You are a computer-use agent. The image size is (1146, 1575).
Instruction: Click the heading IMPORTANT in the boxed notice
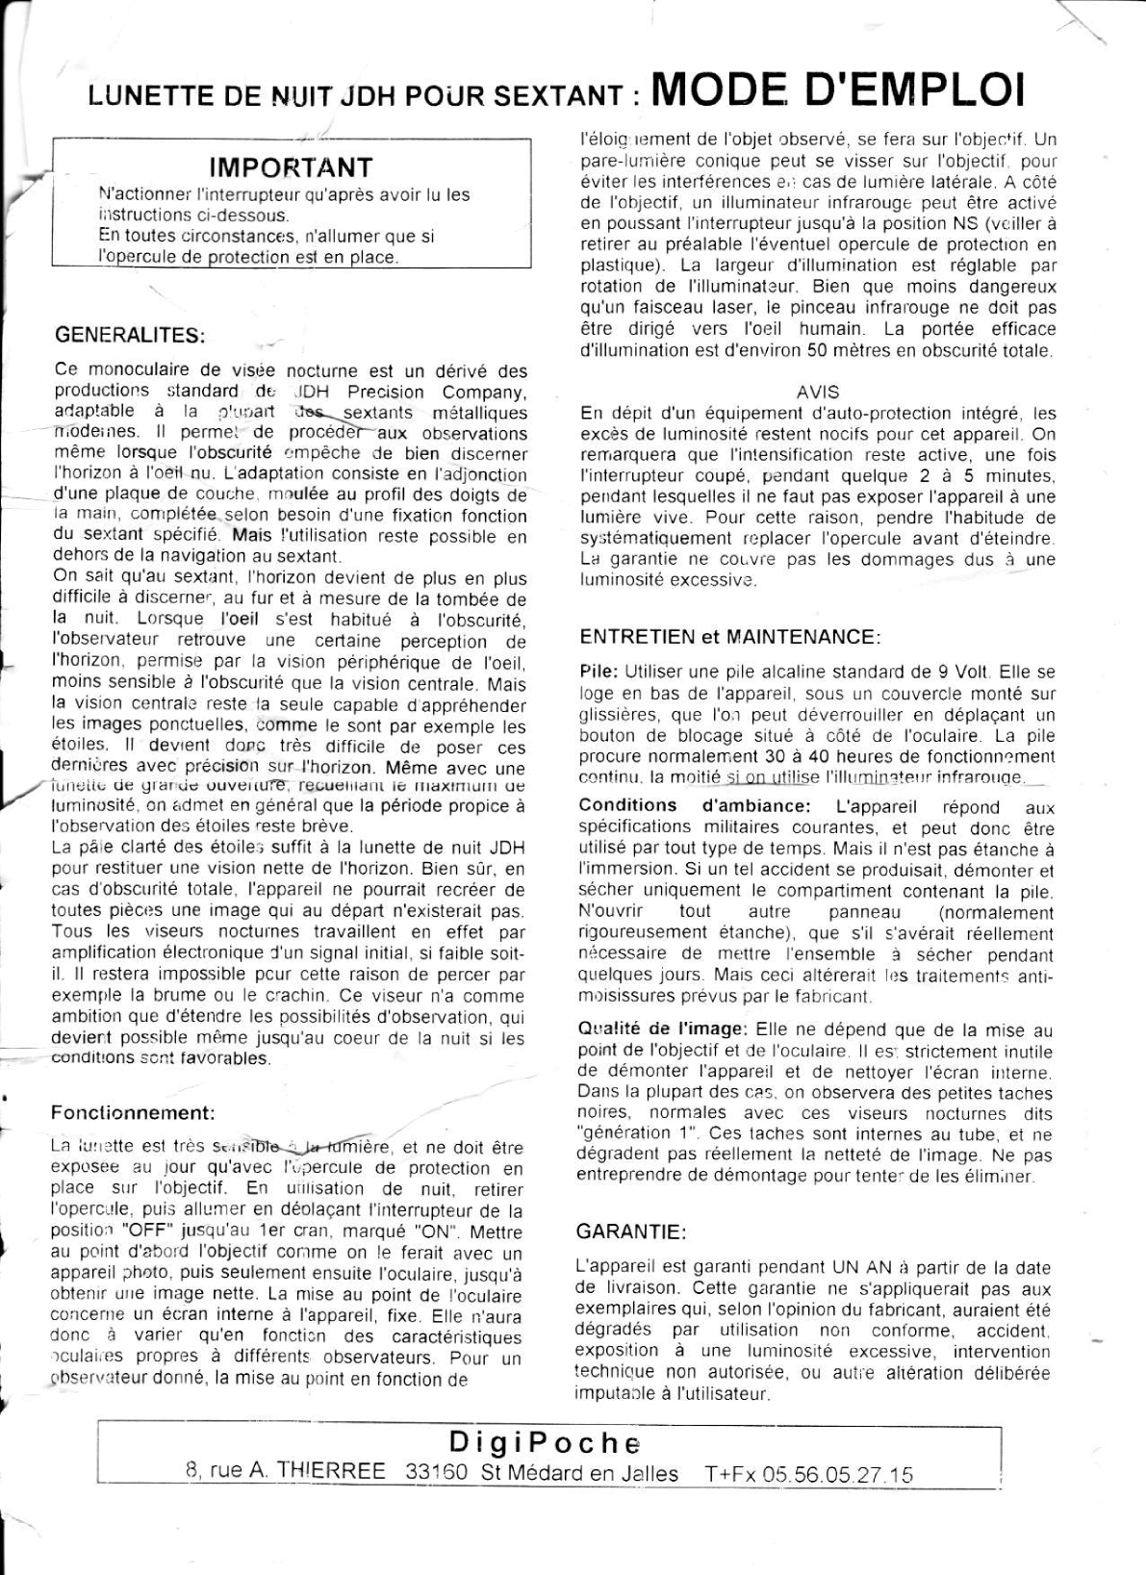(291, 168)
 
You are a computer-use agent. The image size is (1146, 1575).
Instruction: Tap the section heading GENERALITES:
(130, 336)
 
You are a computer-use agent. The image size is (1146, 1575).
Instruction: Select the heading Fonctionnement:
(133, 1113)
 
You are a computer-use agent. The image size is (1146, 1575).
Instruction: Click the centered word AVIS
(818, 393)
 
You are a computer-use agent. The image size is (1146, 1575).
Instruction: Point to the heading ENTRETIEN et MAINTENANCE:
(730, 637)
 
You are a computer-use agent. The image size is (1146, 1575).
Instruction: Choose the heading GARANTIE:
(631, 1232)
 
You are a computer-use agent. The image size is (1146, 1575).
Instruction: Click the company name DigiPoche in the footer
(545, 1443)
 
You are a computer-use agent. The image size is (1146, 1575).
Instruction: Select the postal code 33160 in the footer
(437, 1472)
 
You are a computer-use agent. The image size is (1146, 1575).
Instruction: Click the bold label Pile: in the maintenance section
(600, 672)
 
